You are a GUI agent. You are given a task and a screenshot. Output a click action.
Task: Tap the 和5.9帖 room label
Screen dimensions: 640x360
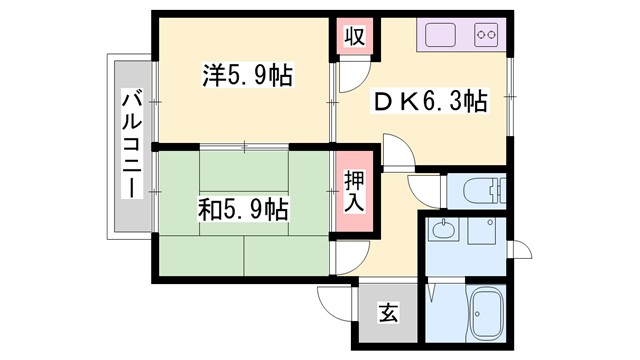pyautogui.click(x=243, y=210)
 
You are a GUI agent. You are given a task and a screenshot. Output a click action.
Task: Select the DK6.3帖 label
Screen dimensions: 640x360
pyautogui.click(x=430, y=101)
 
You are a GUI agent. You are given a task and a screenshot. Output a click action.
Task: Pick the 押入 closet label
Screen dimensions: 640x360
pyautogui.click(x=354, y=191)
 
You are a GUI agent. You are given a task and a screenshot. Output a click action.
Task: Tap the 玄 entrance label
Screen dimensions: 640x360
pyautogui.click(x=387, y=313)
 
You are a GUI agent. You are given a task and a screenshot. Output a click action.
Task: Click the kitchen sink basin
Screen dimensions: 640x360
pyautogui.click(x=440, y=36)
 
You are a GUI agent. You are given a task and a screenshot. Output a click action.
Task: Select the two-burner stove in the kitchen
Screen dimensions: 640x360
pyautogui.click(x=487, y=37)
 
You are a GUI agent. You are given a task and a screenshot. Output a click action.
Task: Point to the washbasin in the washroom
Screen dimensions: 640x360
pyautogui.click(x=442, y=233)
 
